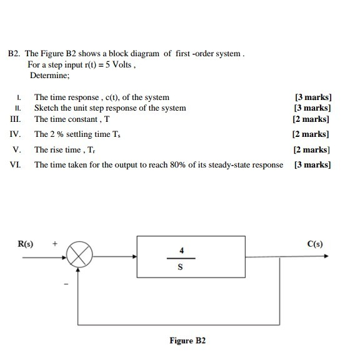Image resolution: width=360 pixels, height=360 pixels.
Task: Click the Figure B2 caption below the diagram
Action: coord(187,341)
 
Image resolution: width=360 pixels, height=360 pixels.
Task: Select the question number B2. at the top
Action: coord(14,54)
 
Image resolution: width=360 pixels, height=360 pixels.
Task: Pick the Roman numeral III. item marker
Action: coord(16,119)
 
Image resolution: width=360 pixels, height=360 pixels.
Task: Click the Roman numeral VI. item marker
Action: coord(16,165)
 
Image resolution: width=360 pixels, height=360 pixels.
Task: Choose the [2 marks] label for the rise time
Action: coord(311,149)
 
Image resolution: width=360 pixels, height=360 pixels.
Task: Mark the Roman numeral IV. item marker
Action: coord(16,134)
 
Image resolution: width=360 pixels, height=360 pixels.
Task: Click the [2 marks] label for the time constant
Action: coord(311,119)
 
